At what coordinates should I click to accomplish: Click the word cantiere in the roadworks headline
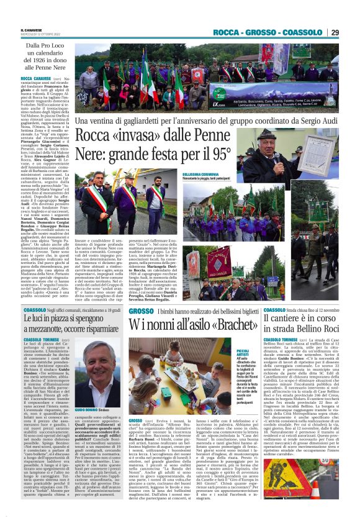click(x=292, y=319)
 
